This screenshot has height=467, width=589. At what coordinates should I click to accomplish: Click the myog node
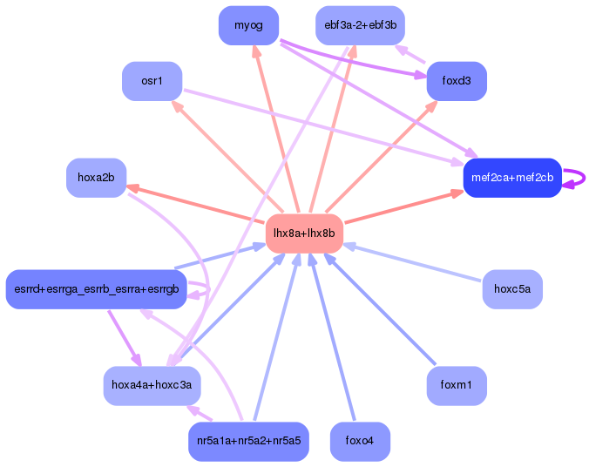click(x=248, y=25)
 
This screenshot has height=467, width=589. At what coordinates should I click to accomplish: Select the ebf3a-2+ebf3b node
click(x=360, y=25)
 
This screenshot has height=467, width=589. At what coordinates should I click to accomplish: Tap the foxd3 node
click(x=456, y=81)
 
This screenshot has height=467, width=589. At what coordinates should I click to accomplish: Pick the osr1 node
click(x=152, y=81)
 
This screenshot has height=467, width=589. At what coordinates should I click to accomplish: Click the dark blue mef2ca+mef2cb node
click(x=511, y=178)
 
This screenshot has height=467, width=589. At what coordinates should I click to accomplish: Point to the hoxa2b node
click(x=96, y=178)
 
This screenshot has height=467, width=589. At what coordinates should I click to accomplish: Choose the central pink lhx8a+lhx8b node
click(x=304, y=233)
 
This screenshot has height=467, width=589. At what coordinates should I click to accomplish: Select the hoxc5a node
click(x=511, y=289)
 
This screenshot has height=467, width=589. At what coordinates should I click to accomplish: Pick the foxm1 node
click(x=456, y=385)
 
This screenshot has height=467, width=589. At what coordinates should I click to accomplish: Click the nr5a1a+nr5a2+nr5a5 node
click(x=248, y=441)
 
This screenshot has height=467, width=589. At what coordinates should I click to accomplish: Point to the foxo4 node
click(x=360, y=441)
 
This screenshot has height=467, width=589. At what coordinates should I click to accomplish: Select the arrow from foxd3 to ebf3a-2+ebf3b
click(x=410, y=54)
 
